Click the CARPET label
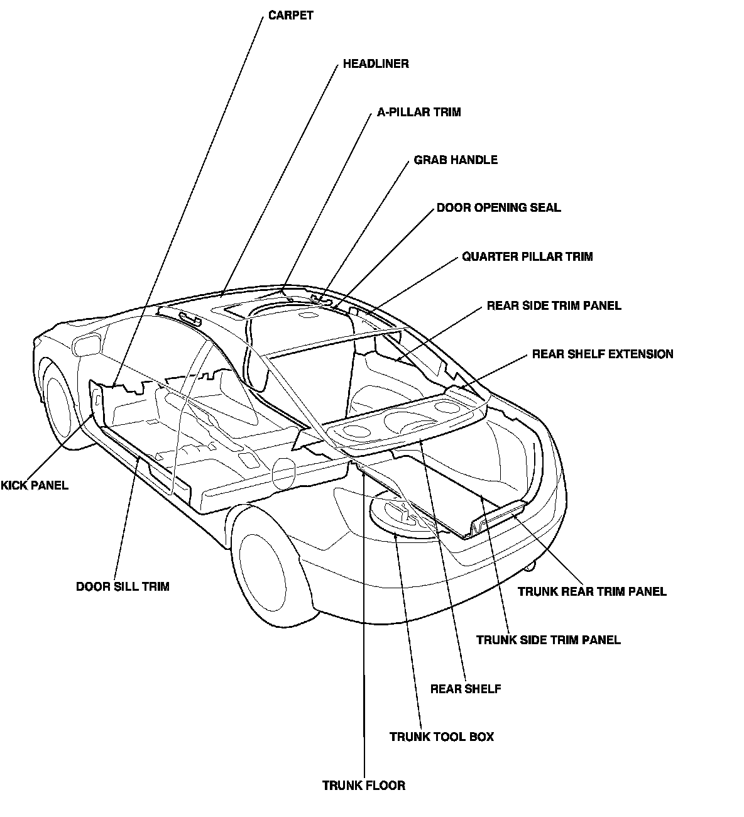(x=290, y=16)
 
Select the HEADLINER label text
(x=376, y=64)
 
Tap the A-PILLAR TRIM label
(x=418, y=112)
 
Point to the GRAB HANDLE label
(x=456, y=160)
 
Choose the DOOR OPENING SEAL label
(x=498, y=208)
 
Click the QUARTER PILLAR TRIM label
(x=527, y=257)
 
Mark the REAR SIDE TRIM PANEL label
(x=554, y=306)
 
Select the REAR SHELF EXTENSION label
(x=602, y=354)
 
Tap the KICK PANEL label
(x=35, y=486)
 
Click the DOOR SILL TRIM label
(x=123, y=587)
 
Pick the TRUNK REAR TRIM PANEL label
(x=592, y=592)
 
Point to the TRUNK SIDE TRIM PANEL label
(x=548, y=640)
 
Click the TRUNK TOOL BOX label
(x=442, y=737)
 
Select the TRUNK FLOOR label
(x=364, y=786)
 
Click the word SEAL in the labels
(x=546, y=208)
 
